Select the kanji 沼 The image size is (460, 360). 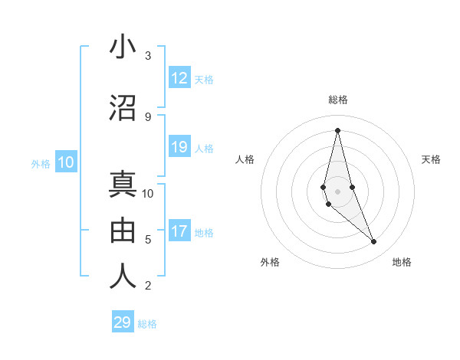coord(123,108)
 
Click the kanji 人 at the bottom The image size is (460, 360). coord(123,277)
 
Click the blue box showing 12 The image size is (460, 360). coord(179,78)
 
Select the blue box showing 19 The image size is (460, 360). coord(179,147)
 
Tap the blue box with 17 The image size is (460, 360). coord(179,231)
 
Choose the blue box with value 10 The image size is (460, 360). coord(66,162)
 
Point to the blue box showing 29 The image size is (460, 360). coord(123,322)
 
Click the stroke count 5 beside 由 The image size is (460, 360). coord(148,240)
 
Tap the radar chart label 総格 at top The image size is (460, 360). coord(337,100)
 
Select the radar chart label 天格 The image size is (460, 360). coord(431,159)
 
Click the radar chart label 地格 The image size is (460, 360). coord(402,262)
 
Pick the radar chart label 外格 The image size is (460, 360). coord(270,262)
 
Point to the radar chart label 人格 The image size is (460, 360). coord(245,159)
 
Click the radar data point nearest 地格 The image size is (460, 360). coord(374,242)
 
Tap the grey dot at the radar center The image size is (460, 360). coord(337,191)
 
